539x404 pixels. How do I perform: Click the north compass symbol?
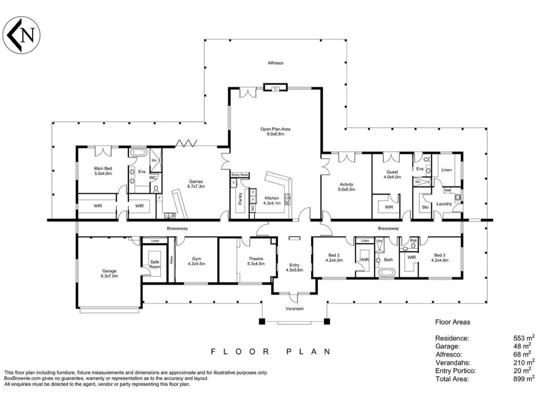[22, 35]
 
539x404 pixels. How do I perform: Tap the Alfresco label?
[275, 63]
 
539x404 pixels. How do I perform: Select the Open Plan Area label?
[275, 132]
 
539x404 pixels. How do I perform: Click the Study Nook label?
[239, 175]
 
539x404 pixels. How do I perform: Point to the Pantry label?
[240, 198]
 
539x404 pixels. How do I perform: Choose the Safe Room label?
[155, 264]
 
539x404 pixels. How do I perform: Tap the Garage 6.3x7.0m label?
[109, 273]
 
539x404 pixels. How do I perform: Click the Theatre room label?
[256, 261]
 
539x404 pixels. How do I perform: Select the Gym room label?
[196, 261]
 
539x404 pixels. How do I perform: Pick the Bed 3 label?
[440, 258]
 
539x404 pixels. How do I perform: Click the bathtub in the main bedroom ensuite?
[138, 152]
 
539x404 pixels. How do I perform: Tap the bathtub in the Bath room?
[387, 272]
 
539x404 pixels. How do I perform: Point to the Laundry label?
[444, 204]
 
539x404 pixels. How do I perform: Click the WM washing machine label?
[447, 190]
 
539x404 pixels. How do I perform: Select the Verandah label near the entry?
[294, 308]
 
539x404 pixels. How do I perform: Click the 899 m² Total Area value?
[524, 379]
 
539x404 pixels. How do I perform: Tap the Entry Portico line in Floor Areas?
[485, 371]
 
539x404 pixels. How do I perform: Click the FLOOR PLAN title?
[270, 352]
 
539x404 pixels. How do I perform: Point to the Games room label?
[196, 184]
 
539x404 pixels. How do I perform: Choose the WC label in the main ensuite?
[153, 178]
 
